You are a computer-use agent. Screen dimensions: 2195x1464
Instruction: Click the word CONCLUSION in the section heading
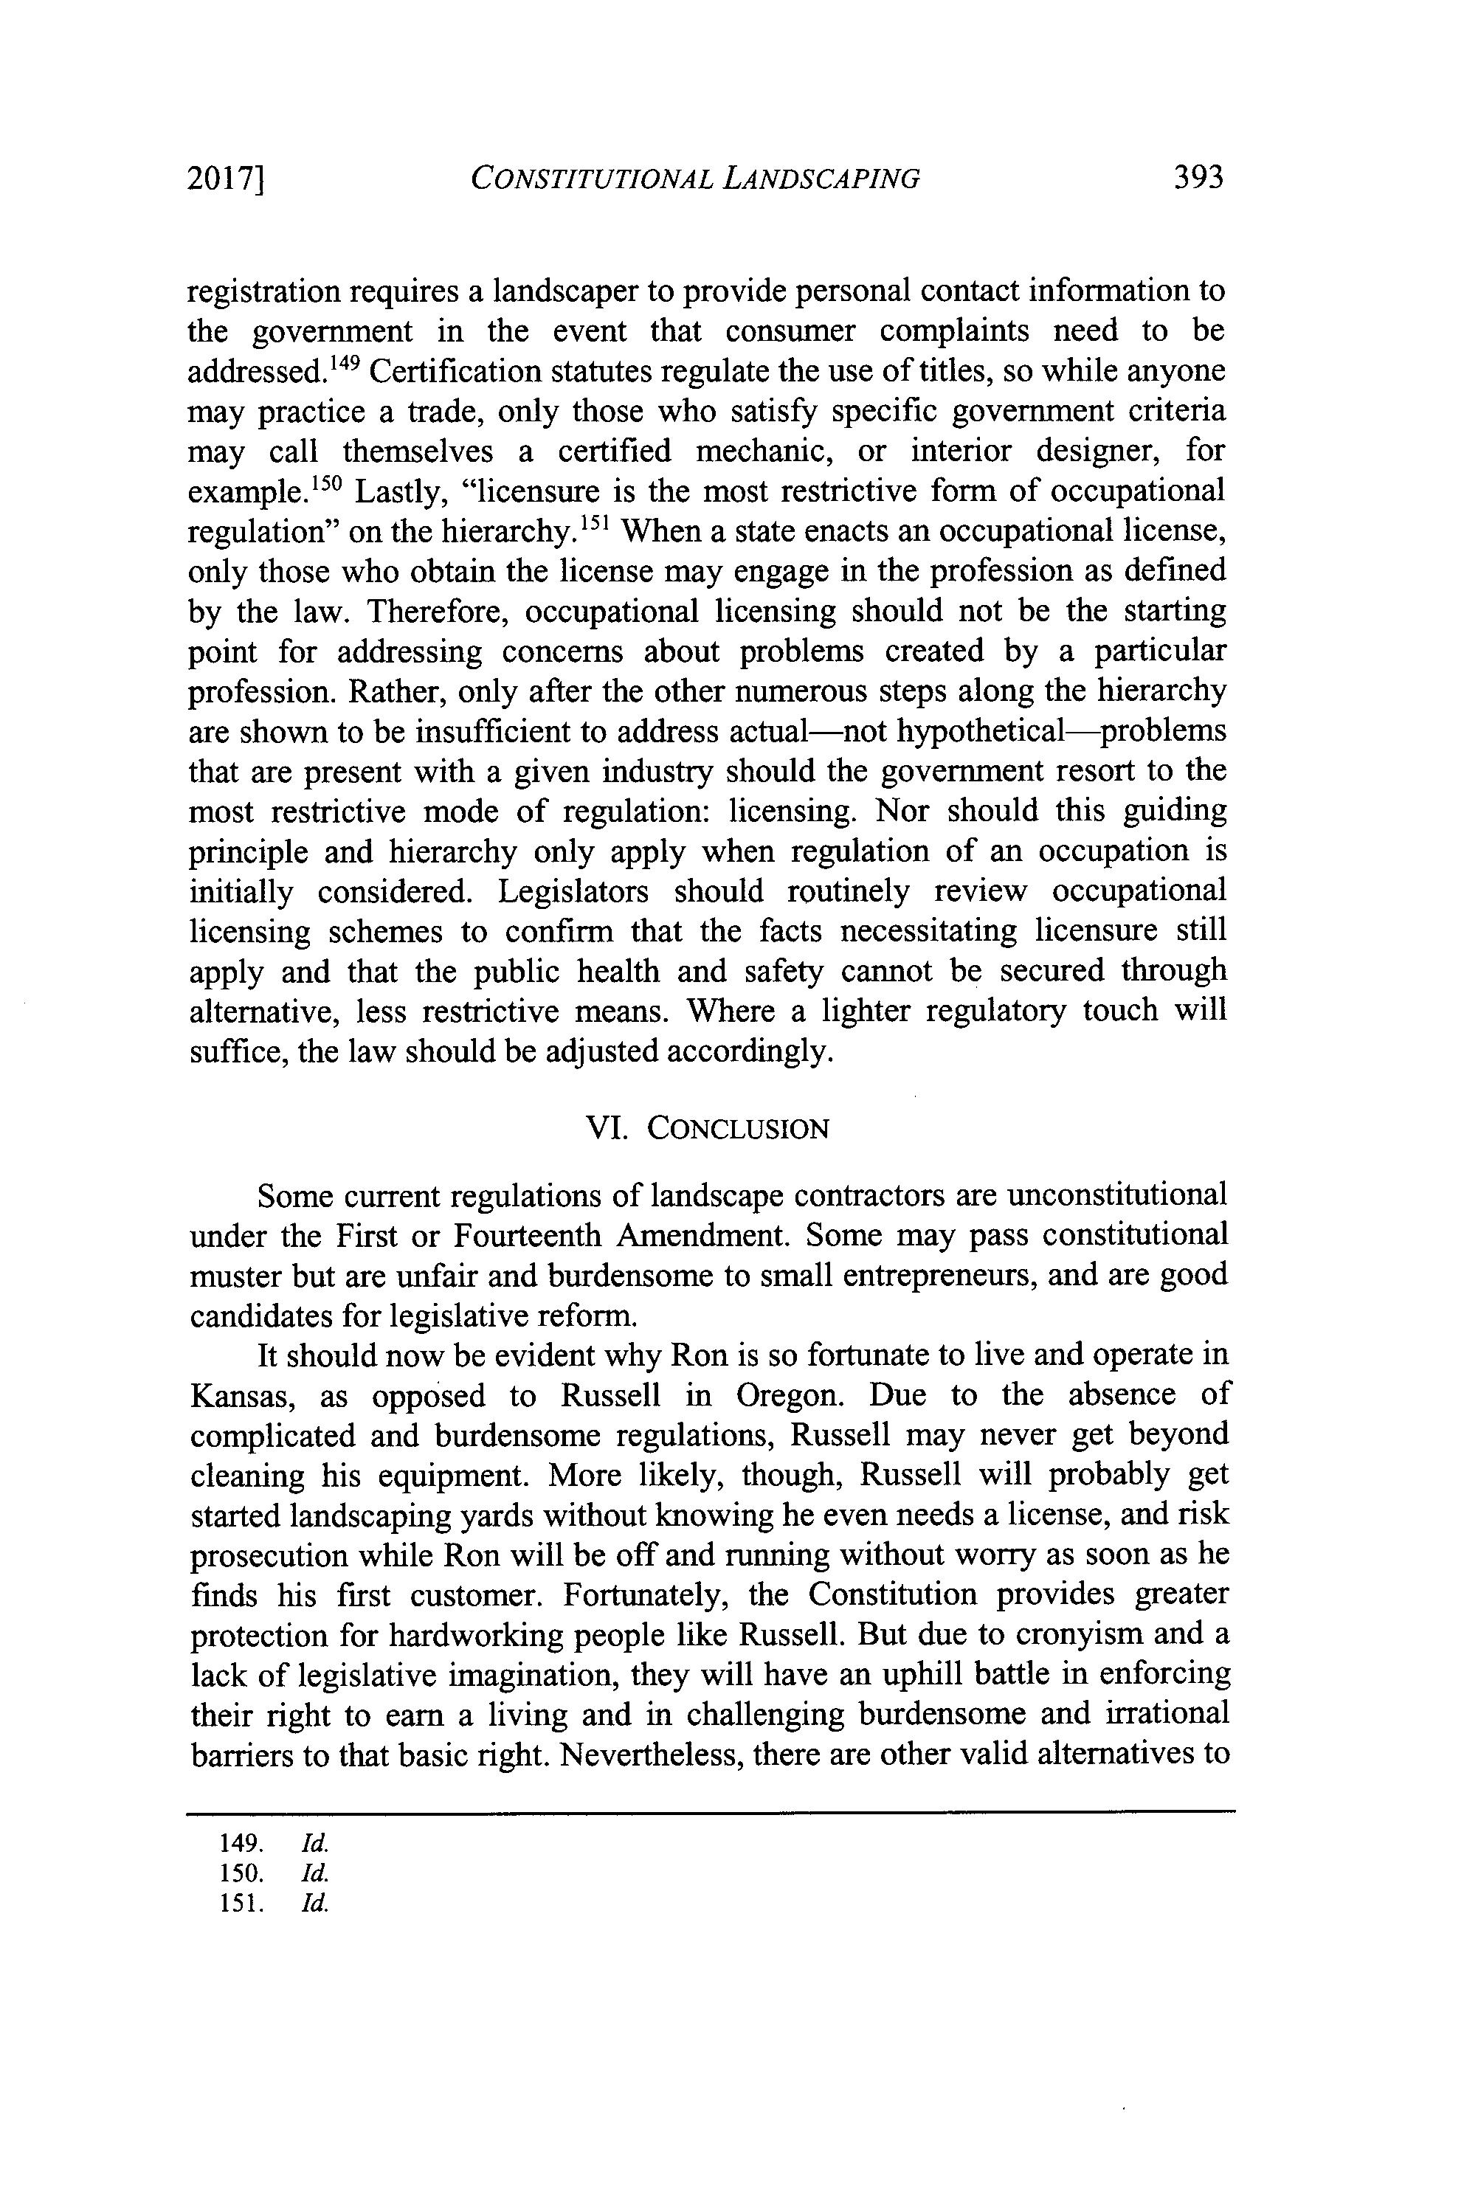click(x=738, y=1129)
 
